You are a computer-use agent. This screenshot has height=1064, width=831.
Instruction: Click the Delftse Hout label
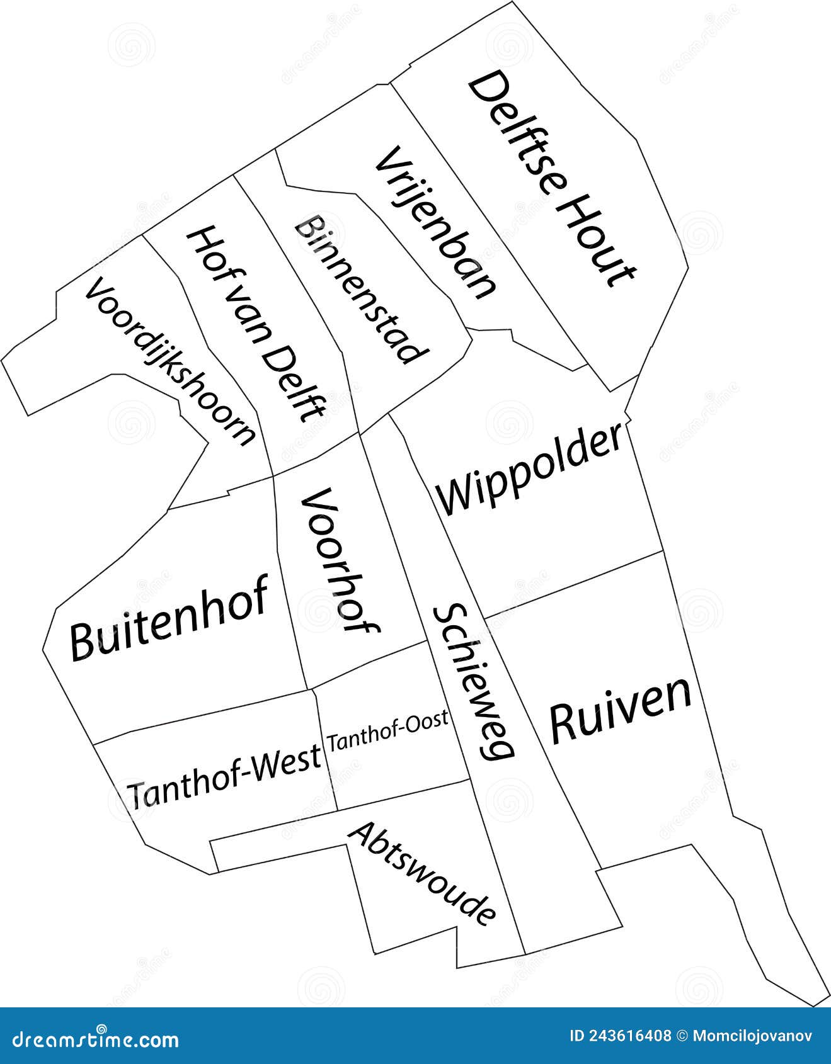pos(551,179)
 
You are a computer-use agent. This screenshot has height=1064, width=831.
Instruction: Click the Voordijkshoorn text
pos(171,361)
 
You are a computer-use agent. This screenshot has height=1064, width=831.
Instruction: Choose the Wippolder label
pos(530,470)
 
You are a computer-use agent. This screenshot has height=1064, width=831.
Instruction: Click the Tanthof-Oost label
pos(388,730)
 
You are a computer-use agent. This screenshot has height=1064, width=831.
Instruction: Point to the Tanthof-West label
pos(224,778)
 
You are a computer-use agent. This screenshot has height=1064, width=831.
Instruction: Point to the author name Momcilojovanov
pos(752,1036)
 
